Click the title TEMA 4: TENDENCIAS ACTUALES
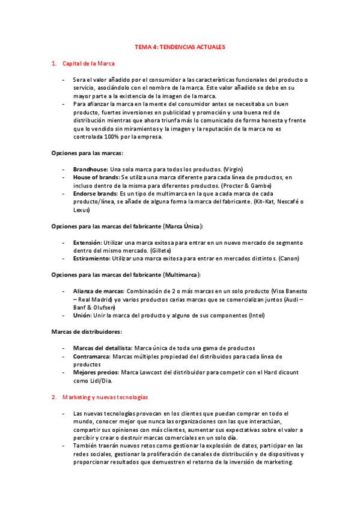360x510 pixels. [180, 46]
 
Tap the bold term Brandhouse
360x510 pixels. [91, 170]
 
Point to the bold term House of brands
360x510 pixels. [96, 177]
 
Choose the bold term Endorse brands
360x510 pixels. [95, 194]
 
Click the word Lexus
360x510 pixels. [81, 210]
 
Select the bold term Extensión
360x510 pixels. [88, 242]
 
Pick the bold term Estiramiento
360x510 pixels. [91, 258]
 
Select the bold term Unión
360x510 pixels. [82, 315]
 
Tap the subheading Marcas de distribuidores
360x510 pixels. [87, 331]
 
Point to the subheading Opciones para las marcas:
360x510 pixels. [87, 153]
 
